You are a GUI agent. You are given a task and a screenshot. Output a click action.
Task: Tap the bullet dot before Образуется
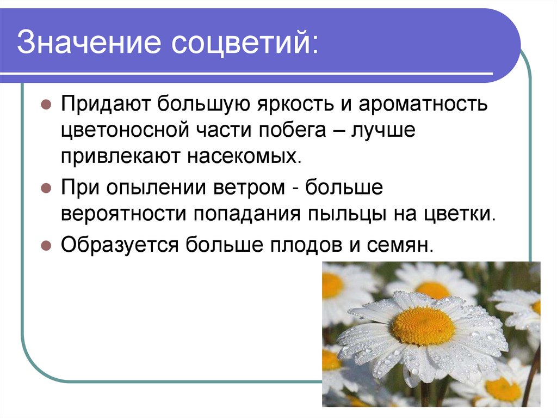[x=46, y=244]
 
